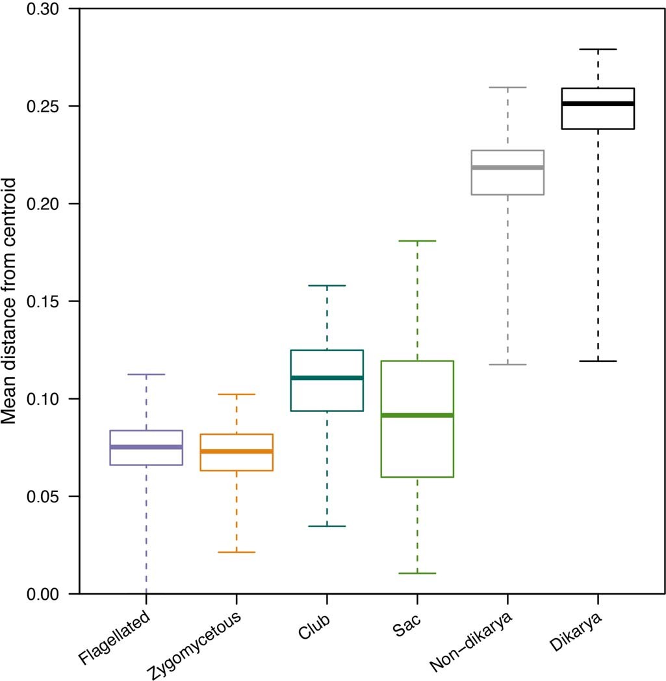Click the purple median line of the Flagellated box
(146, 447)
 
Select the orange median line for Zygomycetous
(237, 451)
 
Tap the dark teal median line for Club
(327, 378)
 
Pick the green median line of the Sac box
(417, 415)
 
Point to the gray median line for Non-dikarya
(507, 168)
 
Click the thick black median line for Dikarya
(598, 103)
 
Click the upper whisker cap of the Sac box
(417, 240)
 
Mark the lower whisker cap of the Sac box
(417, 573)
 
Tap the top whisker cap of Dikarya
(598, 49)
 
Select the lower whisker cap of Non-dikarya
(507, 365)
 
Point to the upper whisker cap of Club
(327, 285)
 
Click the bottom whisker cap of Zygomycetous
(237, 552)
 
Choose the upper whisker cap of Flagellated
(146, 374)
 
